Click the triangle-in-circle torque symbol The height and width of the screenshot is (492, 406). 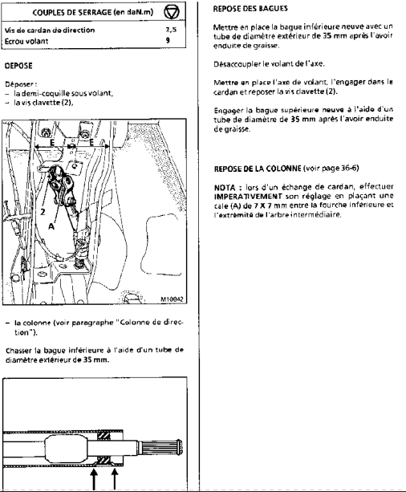click(172, 12)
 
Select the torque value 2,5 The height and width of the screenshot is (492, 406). click(171, 30)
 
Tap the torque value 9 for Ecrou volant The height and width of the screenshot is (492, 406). click(168, 40)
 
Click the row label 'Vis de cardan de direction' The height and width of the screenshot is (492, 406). click(50, 30)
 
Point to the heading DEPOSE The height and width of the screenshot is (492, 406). click(18, 66)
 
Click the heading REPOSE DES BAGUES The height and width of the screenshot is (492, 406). click(250, 9)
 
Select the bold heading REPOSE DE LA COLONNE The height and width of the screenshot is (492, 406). click(258, 169)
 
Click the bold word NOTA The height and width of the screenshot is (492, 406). click(225, 188)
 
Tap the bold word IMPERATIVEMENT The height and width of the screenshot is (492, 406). click(248, 197)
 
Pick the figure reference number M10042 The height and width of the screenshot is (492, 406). click(172, 299)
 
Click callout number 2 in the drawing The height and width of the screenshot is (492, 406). click(43, 211)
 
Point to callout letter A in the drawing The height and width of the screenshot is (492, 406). click(52, 226)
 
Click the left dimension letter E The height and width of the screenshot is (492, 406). click(52, 143)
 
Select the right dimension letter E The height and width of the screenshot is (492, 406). click(91, 142)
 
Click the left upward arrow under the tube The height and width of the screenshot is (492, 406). click(94, 478)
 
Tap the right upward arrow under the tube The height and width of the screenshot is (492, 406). click(115, 478)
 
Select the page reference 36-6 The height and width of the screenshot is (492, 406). click(348, 169)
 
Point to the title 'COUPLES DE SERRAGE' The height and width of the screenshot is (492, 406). click(72, 13)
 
